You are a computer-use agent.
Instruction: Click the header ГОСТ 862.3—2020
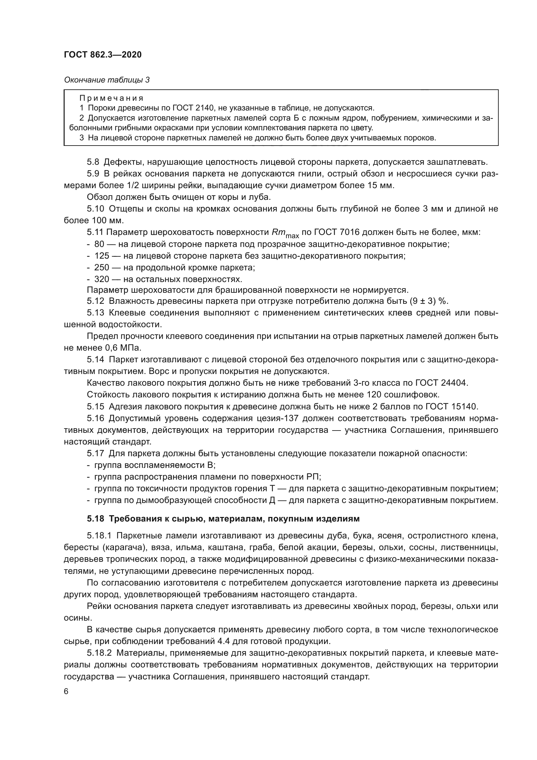(103, 55)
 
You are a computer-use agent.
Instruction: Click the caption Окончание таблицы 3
(107, 80)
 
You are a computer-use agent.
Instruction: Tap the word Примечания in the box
(111, 98)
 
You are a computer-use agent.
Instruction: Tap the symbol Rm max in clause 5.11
(285, 233)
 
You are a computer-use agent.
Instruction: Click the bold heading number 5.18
(95, 519)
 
